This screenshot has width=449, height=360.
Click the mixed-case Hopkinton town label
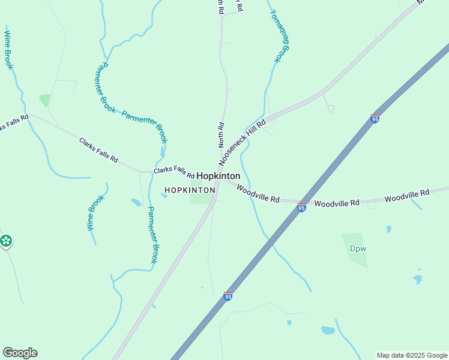click(x=218, y=176)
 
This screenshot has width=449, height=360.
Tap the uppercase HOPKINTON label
click(x=190, y=190)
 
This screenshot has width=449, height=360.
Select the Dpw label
click(x=358, y=248)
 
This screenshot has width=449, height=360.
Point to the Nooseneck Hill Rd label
click(x=242, y=144)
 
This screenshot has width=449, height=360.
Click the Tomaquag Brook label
click(x=280, y=36)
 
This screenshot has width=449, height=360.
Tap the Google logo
click(x=20, y=353)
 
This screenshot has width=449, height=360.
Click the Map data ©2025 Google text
click(x=411, y=355)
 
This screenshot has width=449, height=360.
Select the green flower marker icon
click(x=6, y=241)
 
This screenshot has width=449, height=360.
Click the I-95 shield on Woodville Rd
click(x=301, y=208)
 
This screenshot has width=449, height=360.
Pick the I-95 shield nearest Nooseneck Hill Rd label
click(x=375, y=119)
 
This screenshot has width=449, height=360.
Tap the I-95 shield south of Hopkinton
click(x=228, y=296)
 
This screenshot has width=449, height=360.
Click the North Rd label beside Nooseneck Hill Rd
click(x=221, y=135)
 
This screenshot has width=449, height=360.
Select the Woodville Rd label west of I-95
click(x=258, y=193)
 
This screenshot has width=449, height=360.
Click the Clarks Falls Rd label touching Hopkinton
click(x=173, y=173)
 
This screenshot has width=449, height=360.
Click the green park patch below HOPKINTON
click(x=202, y=199)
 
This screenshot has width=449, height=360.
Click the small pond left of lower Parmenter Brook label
click(x=136, y=202)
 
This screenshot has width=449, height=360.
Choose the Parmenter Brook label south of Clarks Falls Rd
click(x=153, y=235)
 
